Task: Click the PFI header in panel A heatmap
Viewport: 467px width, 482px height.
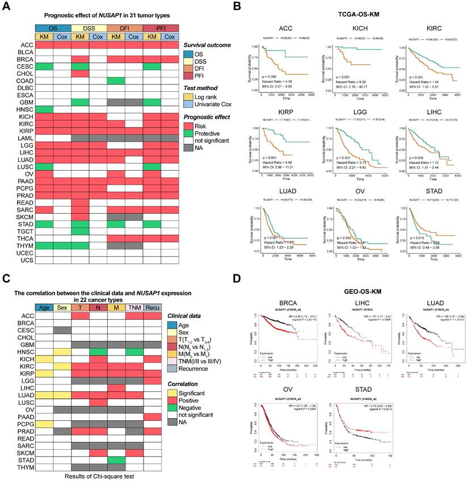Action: point(161,28)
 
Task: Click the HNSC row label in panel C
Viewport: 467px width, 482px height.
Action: point(24,352)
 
